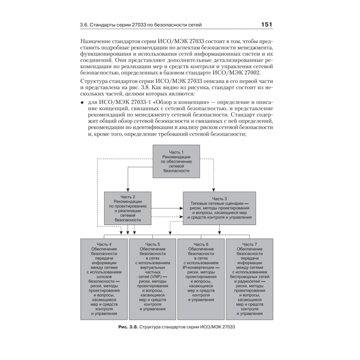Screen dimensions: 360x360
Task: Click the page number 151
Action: [x=266, y=25]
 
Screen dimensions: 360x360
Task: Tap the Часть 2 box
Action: [x=127, y=208]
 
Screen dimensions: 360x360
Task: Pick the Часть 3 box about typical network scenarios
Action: [x=219, y=208]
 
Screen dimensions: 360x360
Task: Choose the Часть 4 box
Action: [x=104, y=279]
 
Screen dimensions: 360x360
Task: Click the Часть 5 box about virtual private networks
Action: [x=152, y=279]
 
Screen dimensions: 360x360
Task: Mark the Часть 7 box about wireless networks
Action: [x=249, y=279]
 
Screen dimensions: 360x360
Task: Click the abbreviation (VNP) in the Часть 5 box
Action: [x=156, y=276]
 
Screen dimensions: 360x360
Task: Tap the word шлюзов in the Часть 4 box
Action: [x=104, y=276]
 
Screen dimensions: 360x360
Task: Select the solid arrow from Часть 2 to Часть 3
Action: [x=167, y=208]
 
